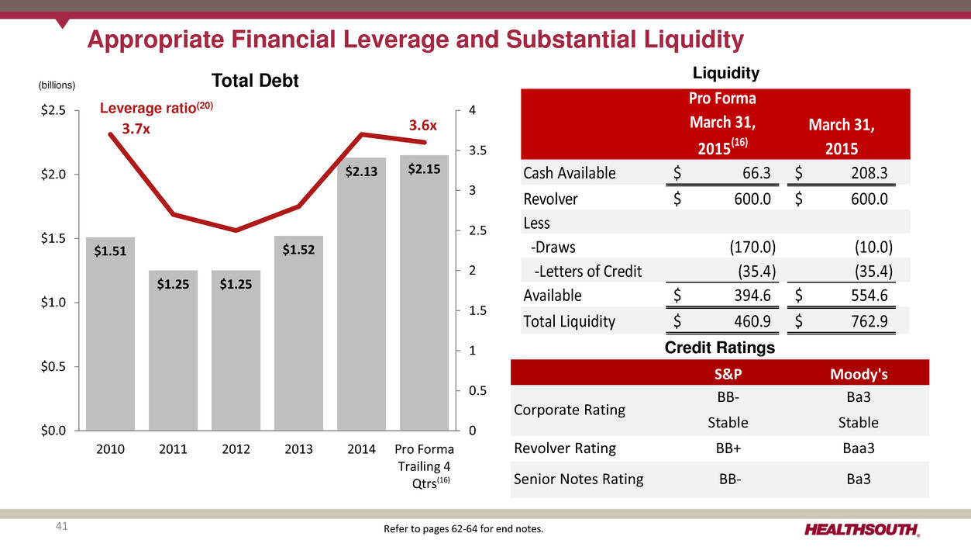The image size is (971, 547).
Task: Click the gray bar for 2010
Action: point(110,334)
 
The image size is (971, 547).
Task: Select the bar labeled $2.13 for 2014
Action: point(361,295)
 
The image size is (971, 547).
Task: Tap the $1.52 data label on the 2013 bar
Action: point(298,249)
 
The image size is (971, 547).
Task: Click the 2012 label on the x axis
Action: point(236,449)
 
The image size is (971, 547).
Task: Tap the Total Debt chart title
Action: point(256,81)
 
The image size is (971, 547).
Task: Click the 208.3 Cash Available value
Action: point(866,173)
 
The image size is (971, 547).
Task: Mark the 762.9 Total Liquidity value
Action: point(866,321)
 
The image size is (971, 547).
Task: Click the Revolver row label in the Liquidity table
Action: point(550,199)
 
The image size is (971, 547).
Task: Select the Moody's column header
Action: point(859,375)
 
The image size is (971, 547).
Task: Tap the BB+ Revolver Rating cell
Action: point(728,448)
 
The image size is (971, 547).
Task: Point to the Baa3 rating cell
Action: point(859,448)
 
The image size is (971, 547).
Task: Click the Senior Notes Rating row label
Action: point(578,479)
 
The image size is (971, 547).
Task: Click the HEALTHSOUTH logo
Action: point(862,530)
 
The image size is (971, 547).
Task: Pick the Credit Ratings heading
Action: point(720,348)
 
